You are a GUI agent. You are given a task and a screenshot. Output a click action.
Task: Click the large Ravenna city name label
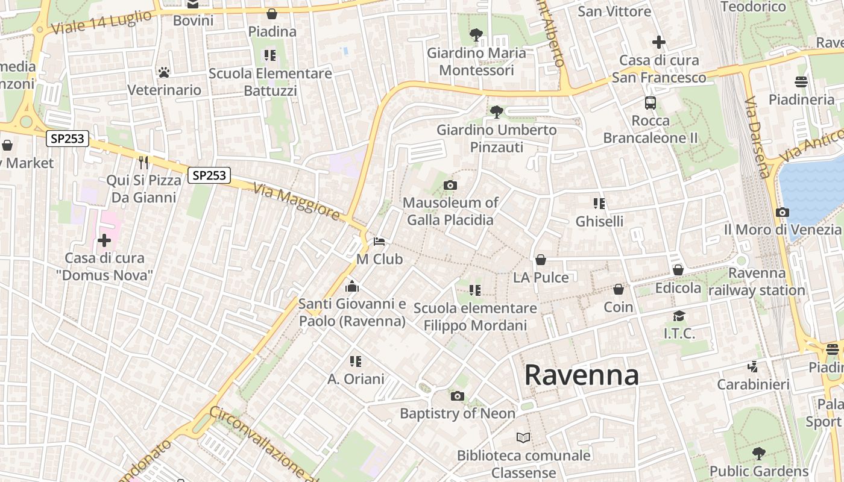[x=581, y=375]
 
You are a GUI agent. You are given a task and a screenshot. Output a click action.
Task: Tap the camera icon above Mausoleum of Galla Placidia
[x=450, y=185]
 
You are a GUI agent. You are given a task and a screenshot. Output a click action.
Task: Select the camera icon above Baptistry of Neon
[x=458, y=396]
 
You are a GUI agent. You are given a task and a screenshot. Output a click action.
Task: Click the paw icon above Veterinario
[x=163, y=72]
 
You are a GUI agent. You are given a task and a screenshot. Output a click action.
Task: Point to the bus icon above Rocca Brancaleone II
[x=650, y=103]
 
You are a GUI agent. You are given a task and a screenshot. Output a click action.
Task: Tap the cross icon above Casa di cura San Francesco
[x=659, y=42]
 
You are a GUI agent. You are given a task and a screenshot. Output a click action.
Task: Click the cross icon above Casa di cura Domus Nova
[x=104, y=240]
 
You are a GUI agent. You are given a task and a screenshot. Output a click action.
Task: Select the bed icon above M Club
[x=379, y=242]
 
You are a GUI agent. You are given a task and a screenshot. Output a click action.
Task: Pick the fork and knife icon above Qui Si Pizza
[x=143, y=162]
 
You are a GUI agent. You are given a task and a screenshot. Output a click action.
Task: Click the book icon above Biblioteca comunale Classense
[x=523, y=437]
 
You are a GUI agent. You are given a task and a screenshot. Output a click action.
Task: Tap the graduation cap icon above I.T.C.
[x=679, y=316]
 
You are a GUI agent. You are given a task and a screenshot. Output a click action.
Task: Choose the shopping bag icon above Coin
[x=619, y=289]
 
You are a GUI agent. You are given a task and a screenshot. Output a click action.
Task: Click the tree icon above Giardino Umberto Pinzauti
[x=497, y=111]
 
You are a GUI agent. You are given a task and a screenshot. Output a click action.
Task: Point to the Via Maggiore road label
[x=297, y=201]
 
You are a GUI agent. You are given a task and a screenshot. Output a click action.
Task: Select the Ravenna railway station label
[x=757, y=281]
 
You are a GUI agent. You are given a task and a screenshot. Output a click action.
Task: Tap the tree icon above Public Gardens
[x=759, y=453]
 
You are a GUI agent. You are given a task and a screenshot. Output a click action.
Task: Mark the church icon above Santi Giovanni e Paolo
[x=352, y=286]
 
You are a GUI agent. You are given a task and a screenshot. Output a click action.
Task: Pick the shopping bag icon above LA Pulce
[x=541, y=260]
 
